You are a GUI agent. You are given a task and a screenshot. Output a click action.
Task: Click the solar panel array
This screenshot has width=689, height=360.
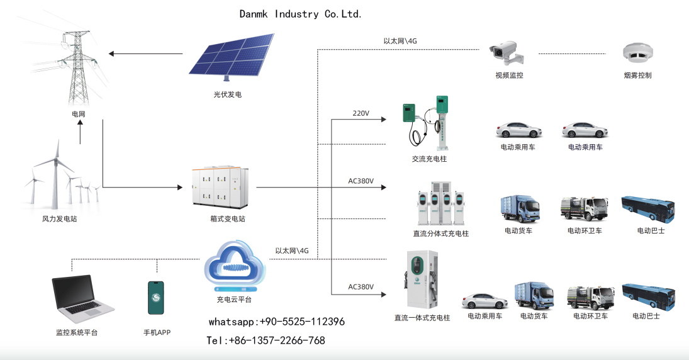point(232,56)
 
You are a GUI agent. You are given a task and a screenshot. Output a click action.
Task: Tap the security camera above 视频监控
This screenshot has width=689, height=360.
point(506,54)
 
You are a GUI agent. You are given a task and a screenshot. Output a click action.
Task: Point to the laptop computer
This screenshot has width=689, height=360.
point(82,300)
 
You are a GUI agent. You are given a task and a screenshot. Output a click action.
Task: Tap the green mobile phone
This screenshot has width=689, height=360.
point(156,298)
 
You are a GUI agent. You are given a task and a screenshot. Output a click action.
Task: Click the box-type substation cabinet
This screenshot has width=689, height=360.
point(220,187)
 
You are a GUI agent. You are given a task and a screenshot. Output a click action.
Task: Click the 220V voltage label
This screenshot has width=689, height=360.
point(361,113)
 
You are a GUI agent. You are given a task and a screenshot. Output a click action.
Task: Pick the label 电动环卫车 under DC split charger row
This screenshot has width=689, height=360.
point(585,231)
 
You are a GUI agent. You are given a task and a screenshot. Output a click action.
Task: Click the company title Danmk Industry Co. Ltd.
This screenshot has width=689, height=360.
point(301,14)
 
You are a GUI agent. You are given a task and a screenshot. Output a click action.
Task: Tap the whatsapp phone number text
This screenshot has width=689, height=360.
point(277,322)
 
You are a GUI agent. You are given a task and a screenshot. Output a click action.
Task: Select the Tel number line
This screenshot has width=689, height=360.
point(266,340)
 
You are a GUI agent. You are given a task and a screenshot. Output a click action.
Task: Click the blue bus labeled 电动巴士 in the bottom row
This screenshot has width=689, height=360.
point(648,296)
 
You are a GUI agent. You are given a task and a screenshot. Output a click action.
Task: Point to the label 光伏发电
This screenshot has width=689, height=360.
point(228,94)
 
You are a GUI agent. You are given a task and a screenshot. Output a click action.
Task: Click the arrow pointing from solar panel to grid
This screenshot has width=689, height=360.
point(145,53)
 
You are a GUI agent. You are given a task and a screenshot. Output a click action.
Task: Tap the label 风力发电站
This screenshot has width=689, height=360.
point(60,219)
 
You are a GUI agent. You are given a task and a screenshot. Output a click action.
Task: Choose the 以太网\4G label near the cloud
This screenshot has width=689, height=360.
point(292,251)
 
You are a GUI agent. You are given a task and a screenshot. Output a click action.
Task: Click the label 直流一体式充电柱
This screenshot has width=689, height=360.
point(422,318)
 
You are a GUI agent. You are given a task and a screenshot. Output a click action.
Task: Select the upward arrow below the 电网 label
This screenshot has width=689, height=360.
point(80,132)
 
